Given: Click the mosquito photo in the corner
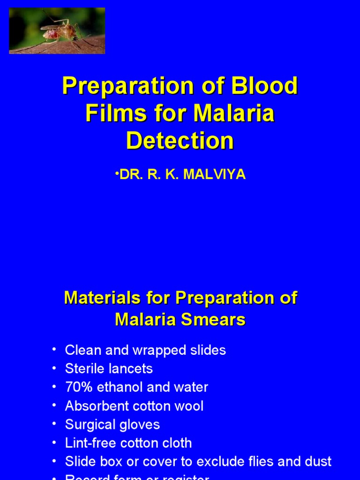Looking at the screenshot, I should pyautogui.click(x=57, y=30).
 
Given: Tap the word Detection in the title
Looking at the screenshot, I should pyautogui.click(x=180, y=141).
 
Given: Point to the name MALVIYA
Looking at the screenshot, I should pyautogui.click(x=214, y=175).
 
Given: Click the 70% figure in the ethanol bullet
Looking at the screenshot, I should pyautogui.click(x=78, y=387).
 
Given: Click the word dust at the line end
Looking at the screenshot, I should pyautogui.click(x=317, y=461).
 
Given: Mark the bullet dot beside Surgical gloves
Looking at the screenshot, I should pyautogui.click(x=55, y=424).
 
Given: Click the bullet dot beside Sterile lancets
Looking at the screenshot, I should pyautogui.click(x=55, y=368).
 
